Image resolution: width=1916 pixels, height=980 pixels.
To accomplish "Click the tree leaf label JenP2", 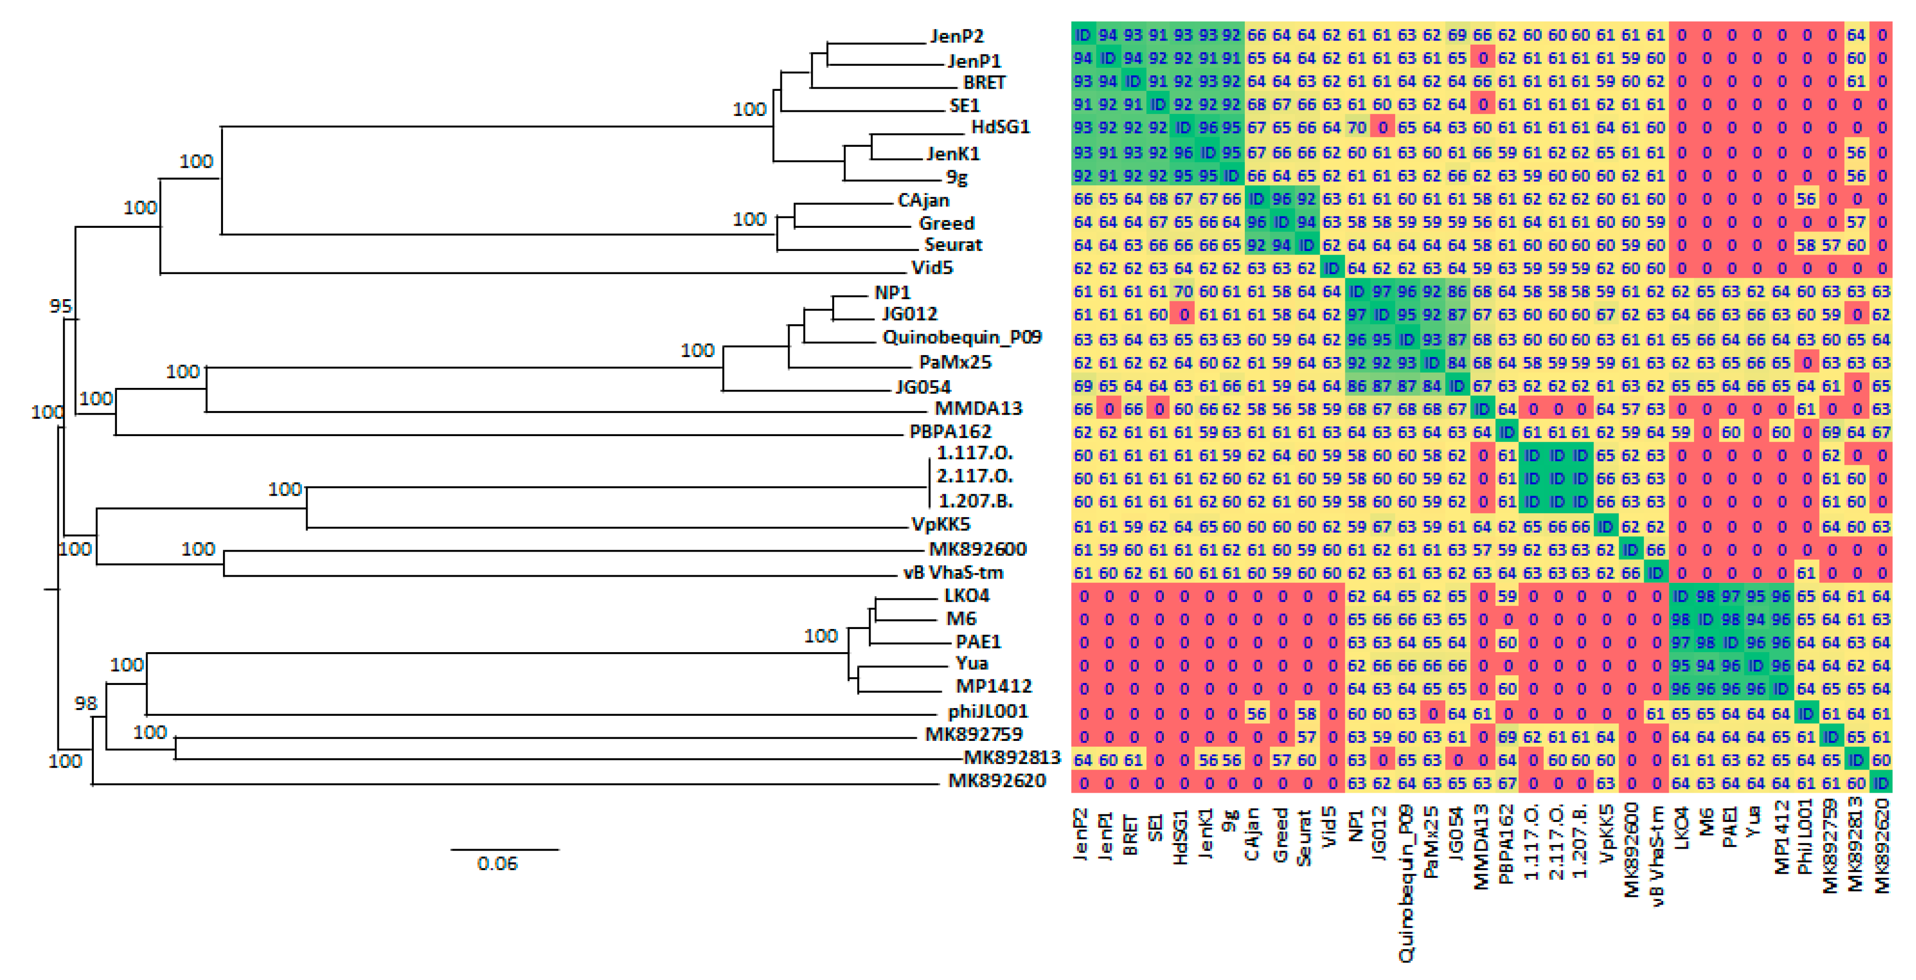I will (x=957, y=36).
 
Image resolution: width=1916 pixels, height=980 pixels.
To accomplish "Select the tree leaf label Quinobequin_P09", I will (x=962, y=337).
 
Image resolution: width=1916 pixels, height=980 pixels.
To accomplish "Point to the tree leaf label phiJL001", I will (x=988, y=711).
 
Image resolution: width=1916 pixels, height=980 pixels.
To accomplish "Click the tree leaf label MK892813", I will (x=1012, y=757).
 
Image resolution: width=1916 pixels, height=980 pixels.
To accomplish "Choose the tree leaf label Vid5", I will (x=932, y=267).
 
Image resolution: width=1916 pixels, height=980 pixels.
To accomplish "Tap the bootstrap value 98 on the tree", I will (x=86, y=703).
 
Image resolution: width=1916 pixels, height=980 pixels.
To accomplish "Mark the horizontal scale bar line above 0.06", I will (x=505, y=849).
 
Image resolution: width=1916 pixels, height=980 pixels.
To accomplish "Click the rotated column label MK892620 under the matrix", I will (x=1882, y=845).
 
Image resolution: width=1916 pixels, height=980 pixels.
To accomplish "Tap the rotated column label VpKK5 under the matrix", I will (x=1606, y=833).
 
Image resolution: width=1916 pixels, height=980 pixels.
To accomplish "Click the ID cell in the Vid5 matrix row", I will (x=1332, y=268).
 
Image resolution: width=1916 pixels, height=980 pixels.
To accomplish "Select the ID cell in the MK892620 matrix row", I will (x=1882, y=783).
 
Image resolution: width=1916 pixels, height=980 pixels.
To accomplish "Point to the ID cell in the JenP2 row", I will (x=1082, y=35).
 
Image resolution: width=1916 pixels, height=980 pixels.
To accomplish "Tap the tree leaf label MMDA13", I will (x=978, y=408).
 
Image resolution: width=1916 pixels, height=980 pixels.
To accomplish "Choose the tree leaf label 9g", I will (x=957, y=177).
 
